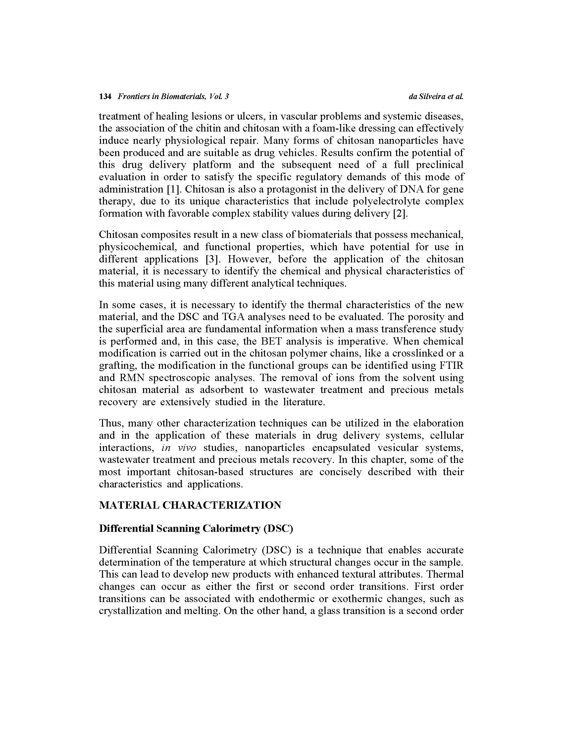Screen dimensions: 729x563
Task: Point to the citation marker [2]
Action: click(x=400, y=213)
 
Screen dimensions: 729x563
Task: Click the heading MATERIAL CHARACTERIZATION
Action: click(x=190, y=505)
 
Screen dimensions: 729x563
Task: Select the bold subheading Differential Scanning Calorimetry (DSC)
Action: click(x=196, y=529)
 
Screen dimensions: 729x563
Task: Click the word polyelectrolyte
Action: click(x=377, y=201)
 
